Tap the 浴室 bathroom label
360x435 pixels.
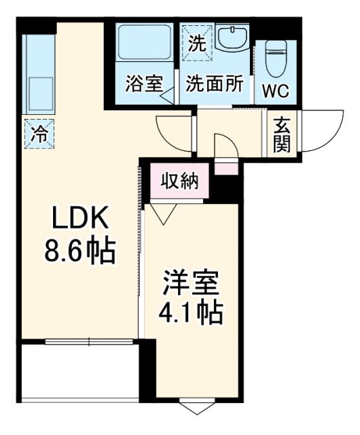click(144, 87)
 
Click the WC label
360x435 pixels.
click(276, 90)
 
